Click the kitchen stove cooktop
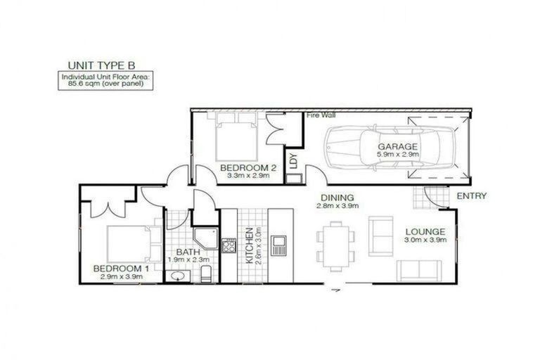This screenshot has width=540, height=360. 229,245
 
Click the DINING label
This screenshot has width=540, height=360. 337,198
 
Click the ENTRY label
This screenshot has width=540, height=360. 470,195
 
